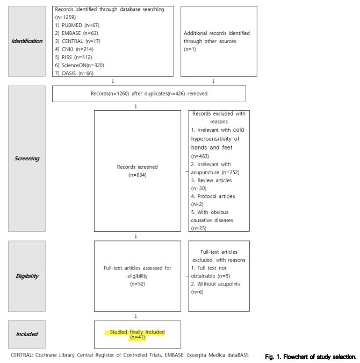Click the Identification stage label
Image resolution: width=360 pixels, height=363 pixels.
[27, 41]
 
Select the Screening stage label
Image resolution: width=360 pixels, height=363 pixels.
[27, 159]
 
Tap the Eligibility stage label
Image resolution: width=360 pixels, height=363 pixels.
[27, 276]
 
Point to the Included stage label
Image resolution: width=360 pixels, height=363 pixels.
[27, 334]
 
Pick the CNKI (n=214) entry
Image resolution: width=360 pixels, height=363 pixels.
[76, 49]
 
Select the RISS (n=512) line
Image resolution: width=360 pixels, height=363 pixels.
[75, 57]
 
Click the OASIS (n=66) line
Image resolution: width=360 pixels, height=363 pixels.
[76, 73]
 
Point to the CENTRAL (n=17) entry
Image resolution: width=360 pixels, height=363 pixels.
[78, 41]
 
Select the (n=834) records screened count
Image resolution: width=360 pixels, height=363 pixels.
[137, 175]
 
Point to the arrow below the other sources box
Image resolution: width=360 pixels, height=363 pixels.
[214, 82]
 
